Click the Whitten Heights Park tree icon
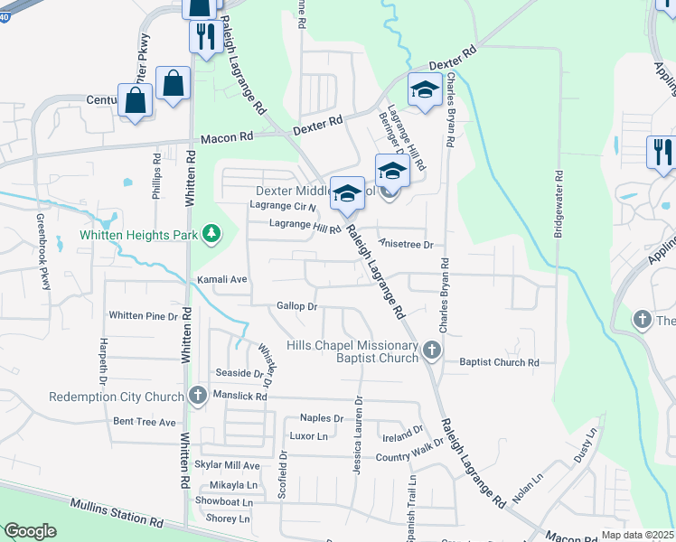pyautogui.click(x=211, y=235)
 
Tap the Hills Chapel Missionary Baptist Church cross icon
pyautogui.click(x=432, y=350)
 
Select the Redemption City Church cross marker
pyautogui.click(x=199, y=396)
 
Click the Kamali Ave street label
pyautogui.click(x=222, y=280)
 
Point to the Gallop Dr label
pyautogui.click(x=297, y=307)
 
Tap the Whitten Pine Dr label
pyautogui.click(x=143, y=315)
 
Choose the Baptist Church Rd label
pyautogui.click(x=499, y=362)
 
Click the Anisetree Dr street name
pyautogui.click(x=407, y=244)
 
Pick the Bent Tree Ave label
pyautogui.click(x=144, y=422)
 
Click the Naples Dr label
pyautogui.click(x=322, y=418)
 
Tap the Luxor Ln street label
pyautogui.click(x=308, y=435)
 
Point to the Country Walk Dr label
pyautogui.click(x=406, y=457)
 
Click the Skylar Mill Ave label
pyautogui.click(x=227, y=465)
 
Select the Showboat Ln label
pyautogui.click(x=226, y=501)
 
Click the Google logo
pyautogui.click(x=30, y=531)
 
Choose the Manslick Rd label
pyautogui.click(x=241, y=396)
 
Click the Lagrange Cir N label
pyautogui.click(x=283, y=205)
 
